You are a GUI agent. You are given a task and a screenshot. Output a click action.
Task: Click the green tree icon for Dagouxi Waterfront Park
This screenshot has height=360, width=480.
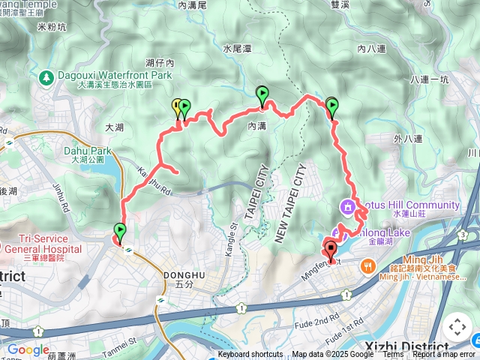46,76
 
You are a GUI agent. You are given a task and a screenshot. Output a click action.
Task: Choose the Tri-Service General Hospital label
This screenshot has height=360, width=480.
43,248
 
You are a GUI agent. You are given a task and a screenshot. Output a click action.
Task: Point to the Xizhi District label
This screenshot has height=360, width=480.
404,346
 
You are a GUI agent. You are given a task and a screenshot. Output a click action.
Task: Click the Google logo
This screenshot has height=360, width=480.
28,349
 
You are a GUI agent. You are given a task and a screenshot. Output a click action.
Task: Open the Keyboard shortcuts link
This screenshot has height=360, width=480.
250,355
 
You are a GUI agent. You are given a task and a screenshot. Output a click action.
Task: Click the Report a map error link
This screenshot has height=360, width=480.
443,355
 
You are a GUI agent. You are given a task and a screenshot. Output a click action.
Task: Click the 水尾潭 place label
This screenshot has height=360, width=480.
236,48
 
